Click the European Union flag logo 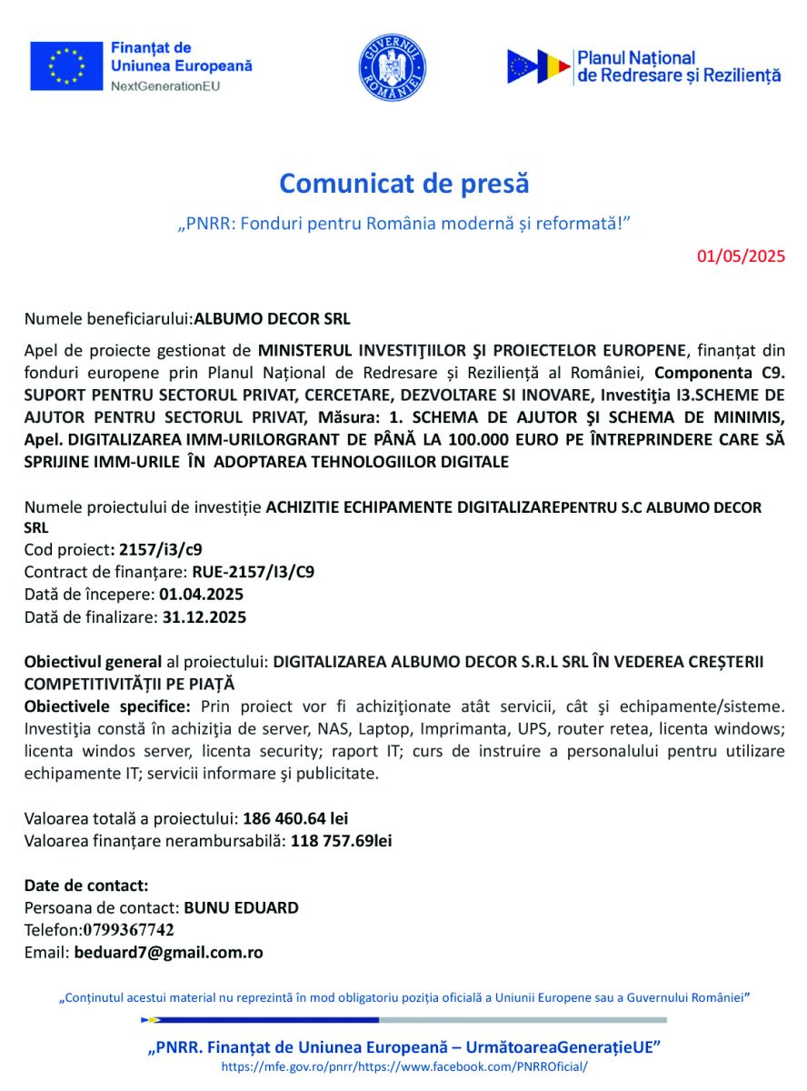66,66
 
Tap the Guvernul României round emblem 393,67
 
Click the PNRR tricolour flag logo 539,66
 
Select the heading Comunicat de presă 403,183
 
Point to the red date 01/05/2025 741,255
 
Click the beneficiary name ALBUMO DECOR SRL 273,319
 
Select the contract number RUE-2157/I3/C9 254,572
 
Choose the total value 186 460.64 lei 295,818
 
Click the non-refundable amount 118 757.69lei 342,841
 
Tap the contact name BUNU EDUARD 241,907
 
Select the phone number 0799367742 129,930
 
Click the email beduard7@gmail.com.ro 169,953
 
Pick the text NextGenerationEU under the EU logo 164,86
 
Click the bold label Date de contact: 86,886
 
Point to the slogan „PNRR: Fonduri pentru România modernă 403,223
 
